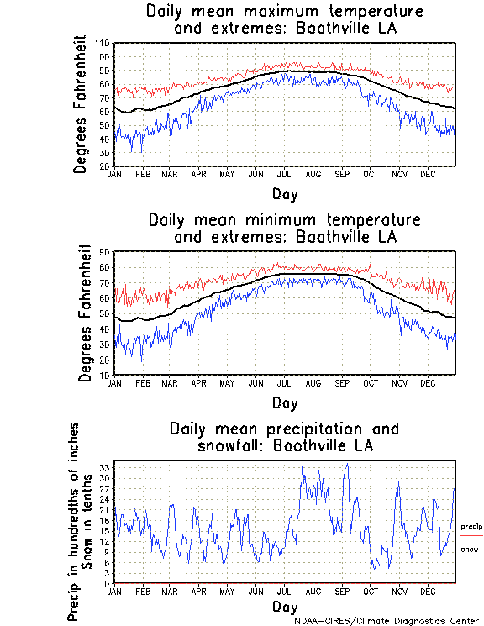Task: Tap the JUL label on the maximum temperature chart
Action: tap(284, 174)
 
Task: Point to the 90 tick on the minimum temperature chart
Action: tap(105, 251)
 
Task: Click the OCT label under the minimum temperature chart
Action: tap(371, 382)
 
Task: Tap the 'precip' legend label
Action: tap(471, 526)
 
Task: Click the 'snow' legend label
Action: tap(470, 549)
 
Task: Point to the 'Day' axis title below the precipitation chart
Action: tap(284, 606)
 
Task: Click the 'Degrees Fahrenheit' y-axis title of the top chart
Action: tap(81, 103)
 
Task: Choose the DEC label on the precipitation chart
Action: tap(428, 591)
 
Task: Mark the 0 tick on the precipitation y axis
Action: tap(108, 583)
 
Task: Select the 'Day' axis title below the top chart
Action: tap(284, 194)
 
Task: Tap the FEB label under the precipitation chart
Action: tap(142, 591)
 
